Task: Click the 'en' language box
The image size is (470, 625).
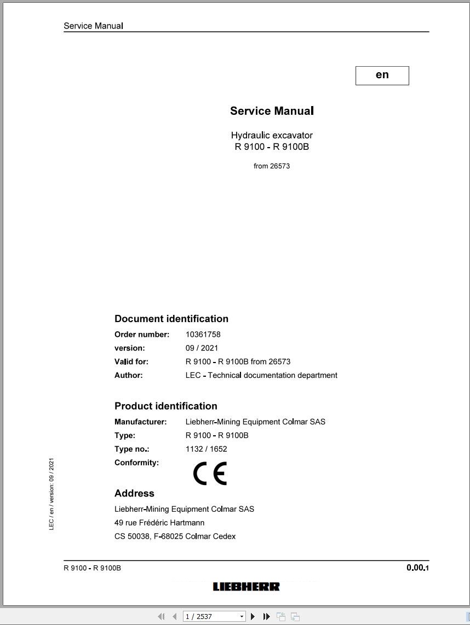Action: (x=382, y=75)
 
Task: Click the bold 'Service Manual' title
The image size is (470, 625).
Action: (x=272, y=111)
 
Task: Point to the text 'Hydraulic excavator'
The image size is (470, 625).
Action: (x=272, y=135)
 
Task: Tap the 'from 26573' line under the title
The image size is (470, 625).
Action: (x=272, y=166)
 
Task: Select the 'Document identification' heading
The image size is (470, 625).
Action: (x=171, y=319)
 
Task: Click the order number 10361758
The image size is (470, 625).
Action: (x=203, y=335)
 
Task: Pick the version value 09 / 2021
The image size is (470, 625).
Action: (x=202, y=348)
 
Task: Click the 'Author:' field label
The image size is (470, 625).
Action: (x=128, y=376)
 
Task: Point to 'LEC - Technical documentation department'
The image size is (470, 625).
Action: (x=261, y=376)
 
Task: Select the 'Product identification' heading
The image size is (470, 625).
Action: (x=166, y=406)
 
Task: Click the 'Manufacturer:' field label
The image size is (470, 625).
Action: (x=140, y=422)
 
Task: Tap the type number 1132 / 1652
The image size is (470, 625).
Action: (x=206, y=449)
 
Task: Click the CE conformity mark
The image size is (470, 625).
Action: (x=210, y=474)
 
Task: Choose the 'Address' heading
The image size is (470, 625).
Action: (x=134, y=493)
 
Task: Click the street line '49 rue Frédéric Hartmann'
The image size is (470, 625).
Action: (x=159, y=523)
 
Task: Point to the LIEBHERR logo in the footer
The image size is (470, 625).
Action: (x=246, y=587)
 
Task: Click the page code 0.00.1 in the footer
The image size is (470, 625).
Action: (x=417, y=568)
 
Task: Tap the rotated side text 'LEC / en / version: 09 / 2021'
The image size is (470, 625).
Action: (x=51, y=494)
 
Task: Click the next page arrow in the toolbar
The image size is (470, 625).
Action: (x=253, y=616)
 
